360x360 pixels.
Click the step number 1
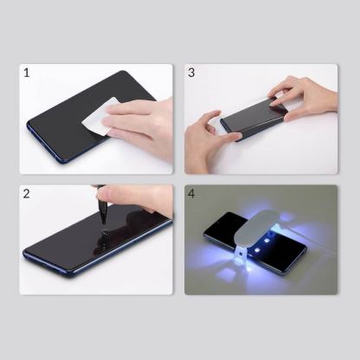coord(27,73)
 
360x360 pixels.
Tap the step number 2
coord(27,194)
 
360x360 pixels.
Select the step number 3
coord(192,73)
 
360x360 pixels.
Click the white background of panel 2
coord(52,208)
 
